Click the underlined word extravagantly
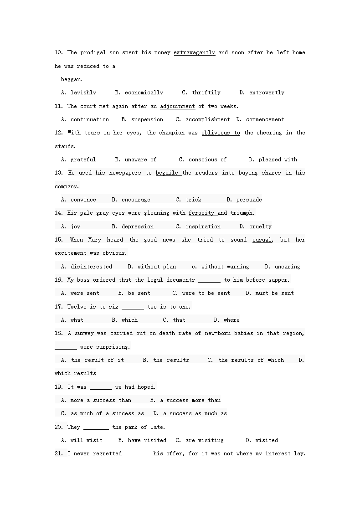(194, 52)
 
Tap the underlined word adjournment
(177, 106)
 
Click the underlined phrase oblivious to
(221, 133)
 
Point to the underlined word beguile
(167, 173)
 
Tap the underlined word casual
(262, 240)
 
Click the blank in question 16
(209, 280)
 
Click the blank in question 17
(133, 307)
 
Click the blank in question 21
(137, 453)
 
